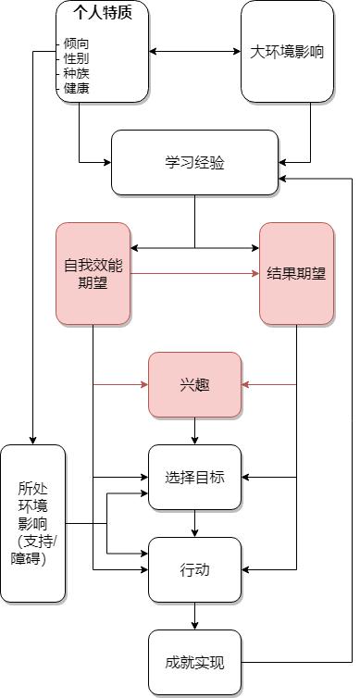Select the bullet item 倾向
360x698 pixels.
pyautogui.click(x=76, y=44)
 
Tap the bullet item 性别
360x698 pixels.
pyautogui.click(x=76, y=58)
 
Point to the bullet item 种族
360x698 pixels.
pyautogui.click(x=76, y=73)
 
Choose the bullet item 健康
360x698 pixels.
pyautogui.click(x=76, y=88)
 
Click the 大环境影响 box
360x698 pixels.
pyautogui.click(x=287, y=52)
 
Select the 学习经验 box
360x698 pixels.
pyautogui.click(x=194, y=163)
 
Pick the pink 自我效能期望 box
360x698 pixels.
pyautogui.click(x=93, y=274)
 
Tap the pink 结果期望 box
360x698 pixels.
pyautogui.click(x=296, y=274)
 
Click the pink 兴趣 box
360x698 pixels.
pyautogui.click(x=194, y=384)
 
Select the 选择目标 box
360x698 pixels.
pyautogui.click(x=194, y=478)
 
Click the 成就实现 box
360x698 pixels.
pyautogui.click(x=194, y=663)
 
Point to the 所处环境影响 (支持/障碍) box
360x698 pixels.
pyautogui.click(x=33, y=524)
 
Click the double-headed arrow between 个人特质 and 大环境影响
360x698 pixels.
pyautogui.click(x=194, y=52)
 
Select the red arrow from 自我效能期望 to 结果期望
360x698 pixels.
pyautogui.click(x=194, y=274)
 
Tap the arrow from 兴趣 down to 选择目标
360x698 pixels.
pyautogui.click(x=194, y=430)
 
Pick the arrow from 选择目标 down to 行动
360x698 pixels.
pyautogui.click(x=194, y=524)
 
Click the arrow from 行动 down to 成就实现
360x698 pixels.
pyautogui.click(x=194, y=617)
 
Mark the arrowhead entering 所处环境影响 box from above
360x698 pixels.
pyautogui.click(x=33, y=440)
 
